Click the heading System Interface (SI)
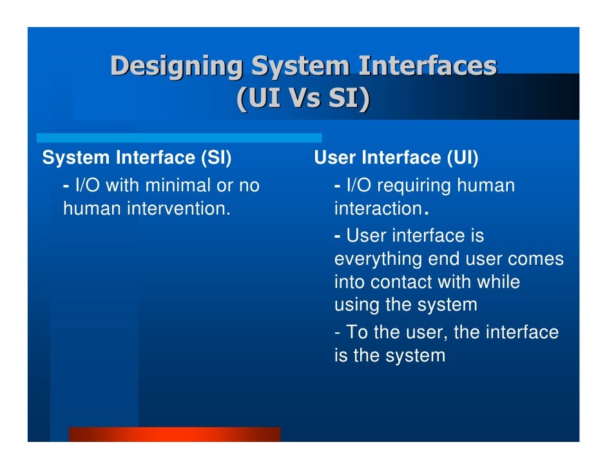(137, 158)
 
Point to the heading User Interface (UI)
(396, 158)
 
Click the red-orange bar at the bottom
(174, 434)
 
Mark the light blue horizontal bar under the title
(178, 138)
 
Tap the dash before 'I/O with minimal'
(66, 186)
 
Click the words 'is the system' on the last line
(389, 355)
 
